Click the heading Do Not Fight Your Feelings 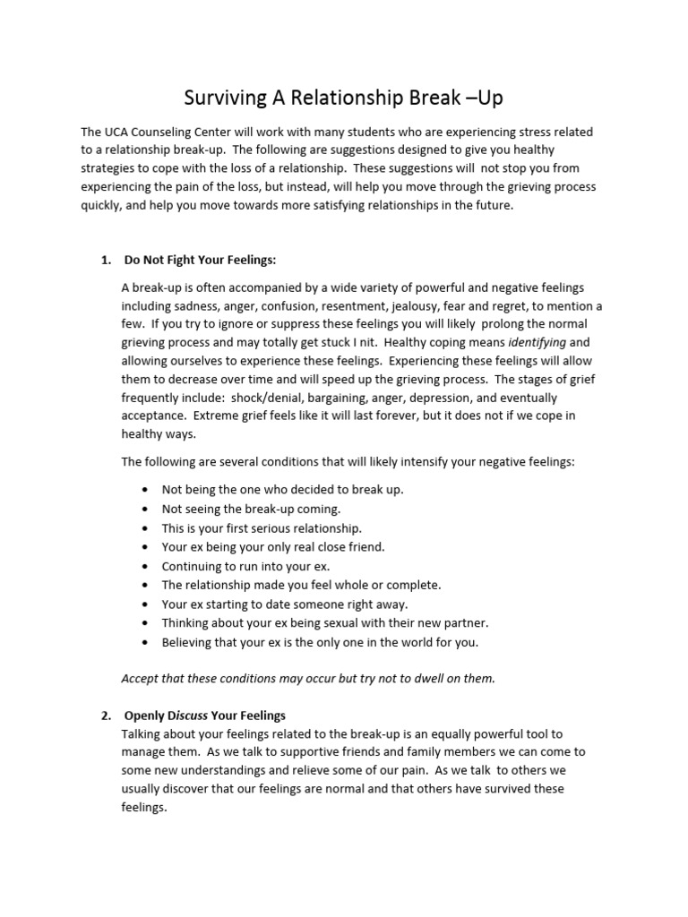pyautogui.click(x=200, y=260)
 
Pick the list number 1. pyautogui.click(x=105, y=260)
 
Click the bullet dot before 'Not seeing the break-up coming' pyautogui.click(x=145, y=509)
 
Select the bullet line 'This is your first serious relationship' pyautogui.click(x=262, y=527)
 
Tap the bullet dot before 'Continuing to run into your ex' pyautogui.click(x=145, y=566)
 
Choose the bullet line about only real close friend pyautogui.click(x=272, y=546)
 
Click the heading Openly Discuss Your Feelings pyautogui.click(x=205, y=715)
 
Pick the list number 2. pyautogui.click(x=105, y=715)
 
